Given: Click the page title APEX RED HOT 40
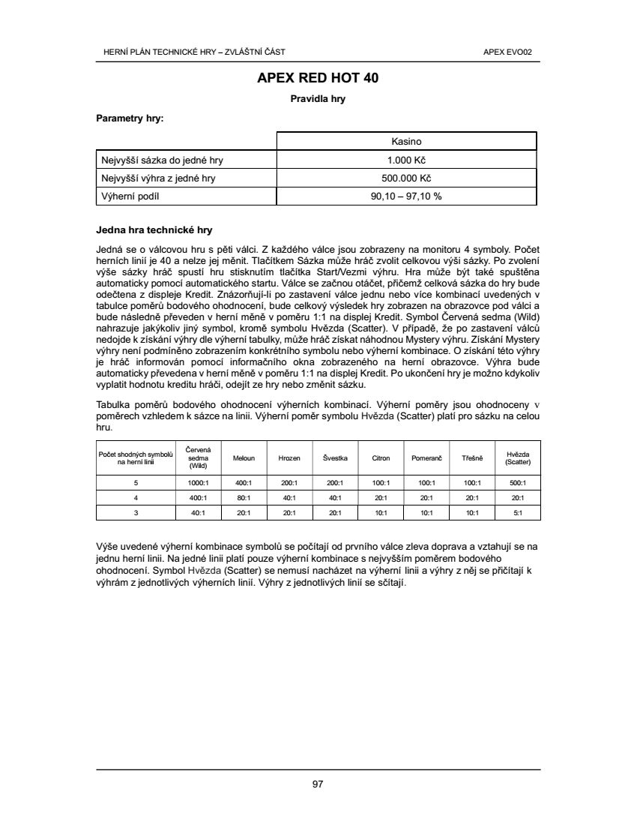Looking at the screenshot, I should point(318,78).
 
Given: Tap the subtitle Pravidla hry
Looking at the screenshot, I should point(318,98).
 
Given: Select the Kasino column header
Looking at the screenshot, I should point(406,141).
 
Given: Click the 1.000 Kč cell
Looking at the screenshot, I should point(406,160).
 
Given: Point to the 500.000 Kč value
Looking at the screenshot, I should point(406,178).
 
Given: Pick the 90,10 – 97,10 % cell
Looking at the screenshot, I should point(406,196).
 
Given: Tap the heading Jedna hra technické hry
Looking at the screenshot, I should point(154,230).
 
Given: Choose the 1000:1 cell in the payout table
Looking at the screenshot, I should point(198,483).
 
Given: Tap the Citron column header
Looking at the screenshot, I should point(381,457).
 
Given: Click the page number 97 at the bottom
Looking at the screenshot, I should point(318,784).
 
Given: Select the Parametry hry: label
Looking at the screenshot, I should point(130,118).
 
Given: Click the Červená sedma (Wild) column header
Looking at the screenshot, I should point(198,457).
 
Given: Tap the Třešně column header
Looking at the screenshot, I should point(471,457).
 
